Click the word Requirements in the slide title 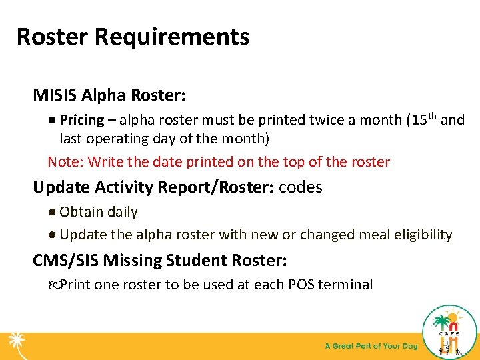click(172, 37)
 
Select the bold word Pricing click(82, 120)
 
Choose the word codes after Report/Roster click(301, 187)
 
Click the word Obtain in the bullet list click(79, 212)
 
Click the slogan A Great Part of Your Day click(371, 346)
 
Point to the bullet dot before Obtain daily click(52, 212)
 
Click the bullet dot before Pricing click(52, 121)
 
